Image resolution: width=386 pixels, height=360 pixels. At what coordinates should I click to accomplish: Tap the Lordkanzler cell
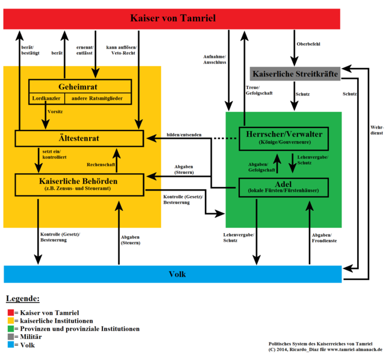pos(46,97)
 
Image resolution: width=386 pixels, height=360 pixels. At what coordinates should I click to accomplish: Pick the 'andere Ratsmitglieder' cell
pos(98,97)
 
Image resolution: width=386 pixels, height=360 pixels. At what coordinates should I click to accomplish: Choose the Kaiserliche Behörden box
pos(79,184)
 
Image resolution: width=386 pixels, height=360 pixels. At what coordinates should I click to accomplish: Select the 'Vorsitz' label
pos(55,112)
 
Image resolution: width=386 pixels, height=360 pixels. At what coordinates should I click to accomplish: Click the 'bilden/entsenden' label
pos(185,134)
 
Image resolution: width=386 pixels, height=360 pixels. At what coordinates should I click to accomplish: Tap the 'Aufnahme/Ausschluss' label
pos(215,59)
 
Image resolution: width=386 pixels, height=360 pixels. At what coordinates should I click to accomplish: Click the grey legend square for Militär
pos(11,337)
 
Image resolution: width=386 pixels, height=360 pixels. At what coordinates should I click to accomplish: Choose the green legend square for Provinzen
pos(11,329)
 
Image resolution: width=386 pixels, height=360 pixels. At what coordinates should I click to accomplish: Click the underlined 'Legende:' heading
pos(23,299)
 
